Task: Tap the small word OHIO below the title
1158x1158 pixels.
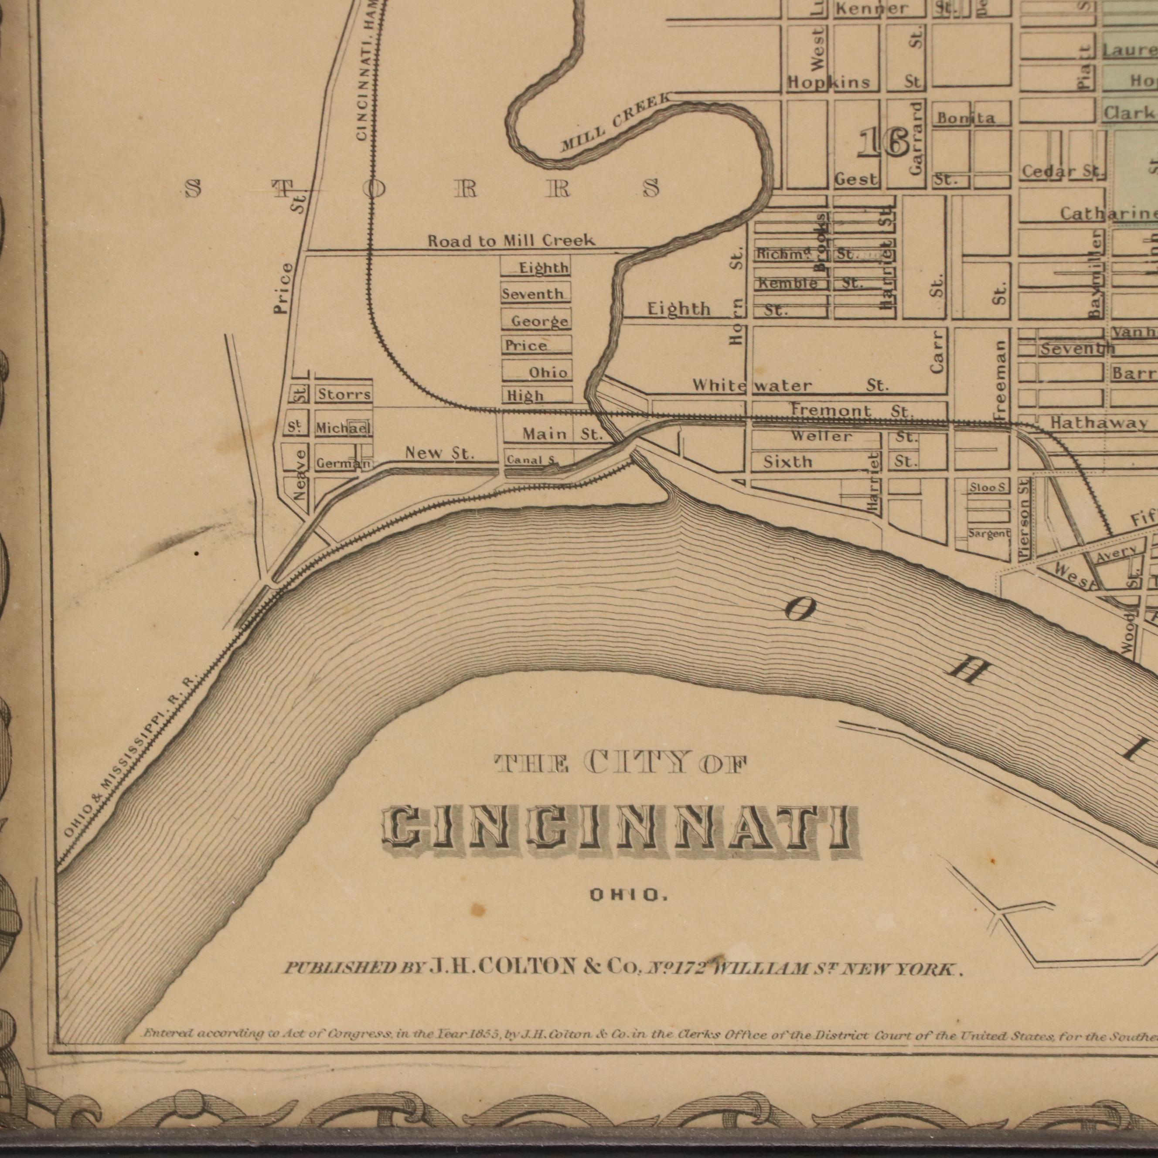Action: (x=628, y=896)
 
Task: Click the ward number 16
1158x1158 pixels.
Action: (x=883, y=144)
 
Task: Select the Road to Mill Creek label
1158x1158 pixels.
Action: (x=511, y=241)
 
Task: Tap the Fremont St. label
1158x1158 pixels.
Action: (x=851, y=411)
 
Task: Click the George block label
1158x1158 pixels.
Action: (x=539, y=321)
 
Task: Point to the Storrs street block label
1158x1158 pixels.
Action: (x=344, y=395)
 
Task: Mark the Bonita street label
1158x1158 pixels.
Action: (x=966, y=118)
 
